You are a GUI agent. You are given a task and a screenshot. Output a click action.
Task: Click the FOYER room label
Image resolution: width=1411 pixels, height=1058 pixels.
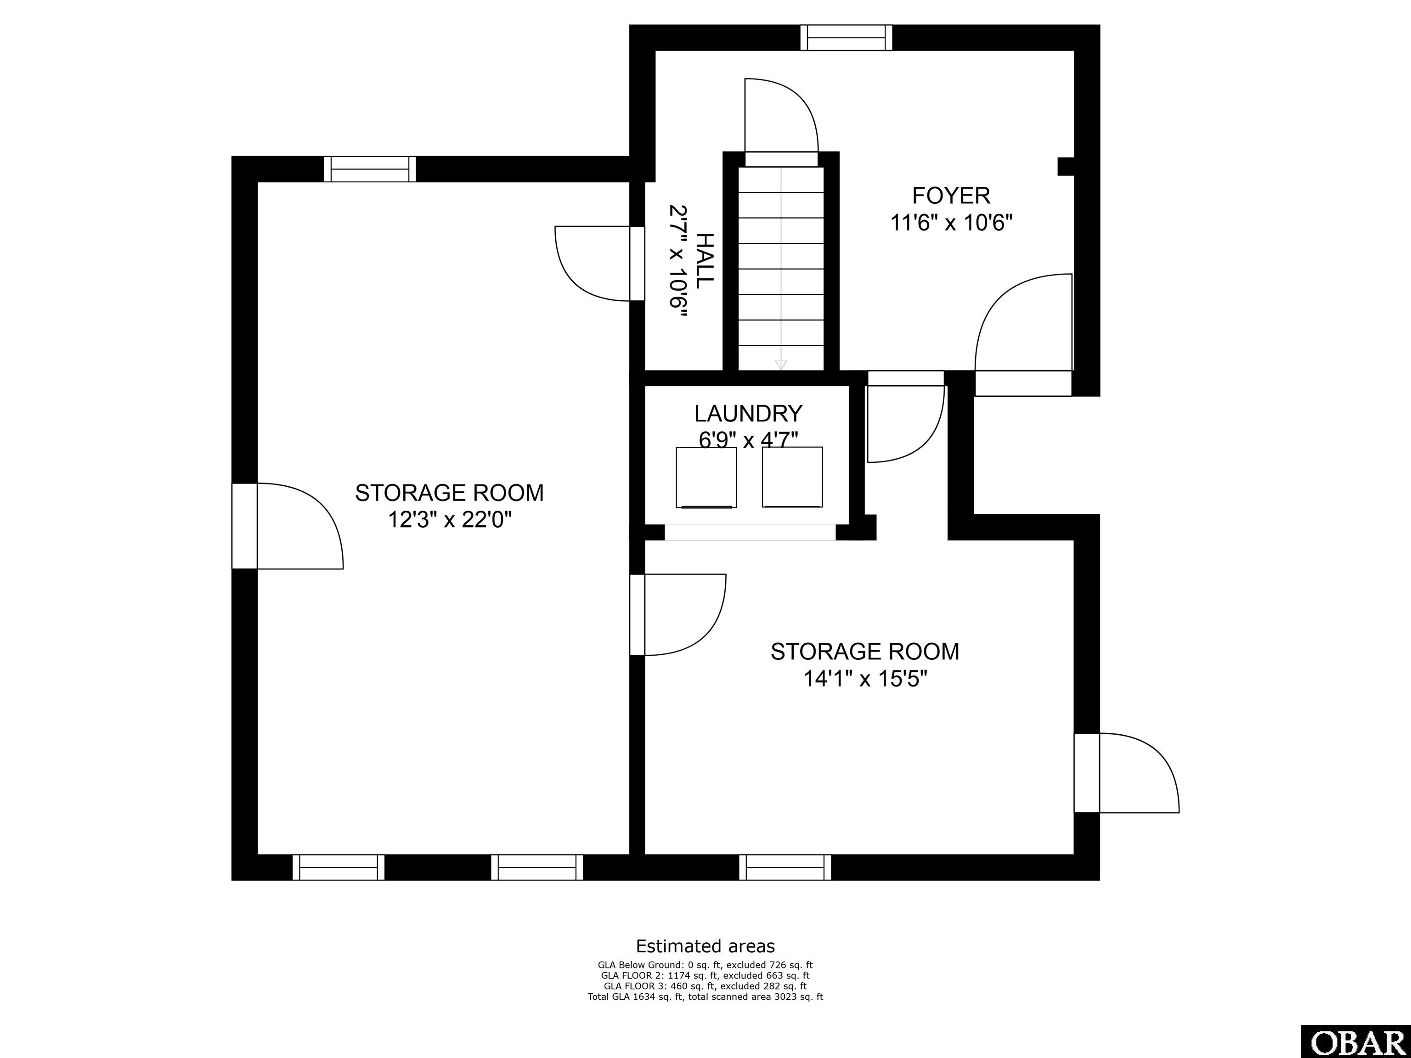[951, 195]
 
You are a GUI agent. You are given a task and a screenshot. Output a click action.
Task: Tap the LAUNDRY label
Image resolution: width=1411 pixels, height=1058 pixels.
[748, 414]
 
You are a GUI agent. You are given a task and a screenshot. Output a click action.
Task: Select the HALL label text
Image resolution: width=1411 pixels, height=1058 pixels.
[704, 261]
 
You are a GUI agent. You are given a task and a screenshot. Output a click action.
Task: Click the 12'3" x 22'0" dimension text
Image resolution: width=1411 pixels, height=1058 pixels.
[450, 520]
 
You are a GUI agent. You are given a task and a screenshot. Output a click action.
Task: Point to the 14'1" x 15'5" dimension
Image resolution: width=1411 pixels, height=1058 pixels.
[864, 679]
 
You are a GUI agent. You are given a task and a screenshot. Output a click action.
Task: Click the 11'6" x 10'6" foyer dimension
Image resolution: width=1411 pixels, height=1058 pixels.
[952, 223]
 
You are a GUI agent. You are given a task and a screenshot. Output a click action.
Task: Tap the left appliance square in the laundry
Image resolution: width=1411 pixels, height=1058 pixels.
[706, 478]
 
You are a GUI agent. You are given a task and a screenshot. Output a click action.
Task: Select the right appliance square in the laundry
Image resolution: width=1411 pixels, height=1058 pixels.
[792, 477]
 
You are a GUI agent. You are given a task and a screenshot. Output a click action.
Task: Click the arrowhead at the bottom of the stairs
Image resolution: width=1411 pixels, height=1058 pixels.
[781, 365]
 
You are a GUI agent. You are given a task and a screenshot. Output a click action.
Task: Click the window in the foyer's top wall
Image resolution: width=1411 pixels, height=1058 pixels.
[847, 38]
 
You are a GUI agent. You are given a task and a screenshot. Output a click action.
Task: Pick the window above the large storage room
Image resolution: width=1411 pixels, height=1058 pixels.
[370, 169]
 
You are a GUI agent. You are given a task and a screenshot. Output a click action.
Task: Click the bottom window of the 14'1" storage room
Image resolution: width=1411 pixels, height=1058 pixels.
[785, 867]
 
